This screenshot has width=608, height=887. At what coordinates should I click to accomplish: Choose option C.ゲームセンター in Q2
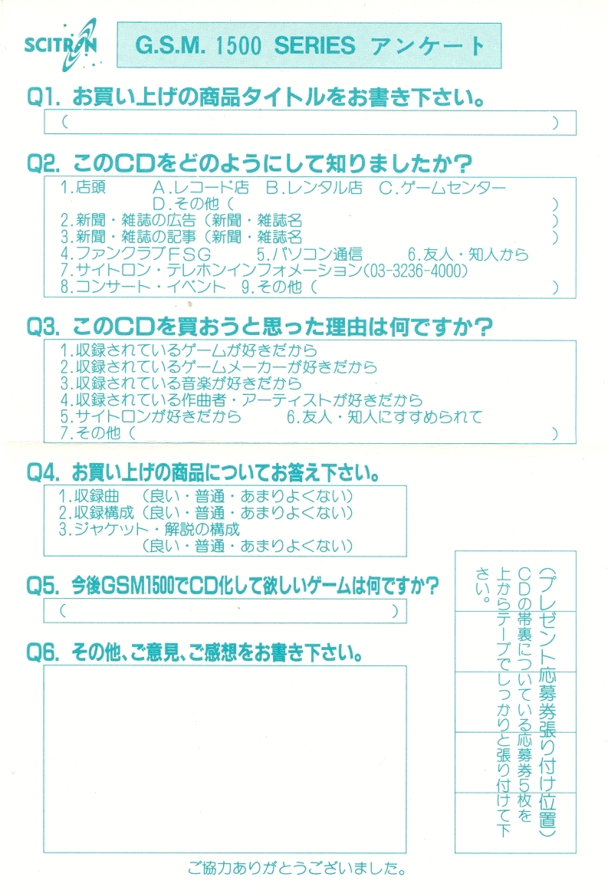coord(442,188)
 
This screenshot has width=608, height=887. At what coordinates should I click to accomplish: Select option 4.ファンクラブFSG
coord(136,255)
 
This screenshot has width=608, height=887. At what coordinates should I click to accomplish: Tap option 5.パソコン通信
coord(310,255)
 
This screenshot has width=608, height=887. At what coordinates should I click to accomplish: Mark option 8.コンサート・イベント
coord(143,287)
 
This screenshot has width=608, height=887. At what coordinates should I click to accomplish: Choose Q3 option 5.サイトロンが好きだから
coord(151,417)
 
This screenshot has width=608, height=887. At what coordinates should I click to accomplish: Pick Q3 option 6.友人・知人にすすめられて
coord(384,417)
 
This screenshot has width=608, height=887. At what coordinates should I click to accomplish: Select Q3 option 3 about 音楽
coord(181,383)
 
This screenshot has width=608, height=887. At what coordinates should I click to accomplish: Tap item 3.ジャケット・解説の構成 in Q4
coord(150,529)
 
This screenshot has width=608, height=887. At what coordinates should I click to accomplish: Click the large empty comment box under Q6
coord(225,758)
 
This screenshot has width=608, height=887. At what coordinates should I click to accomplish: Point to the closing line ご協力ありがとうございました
coord(297,870)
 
